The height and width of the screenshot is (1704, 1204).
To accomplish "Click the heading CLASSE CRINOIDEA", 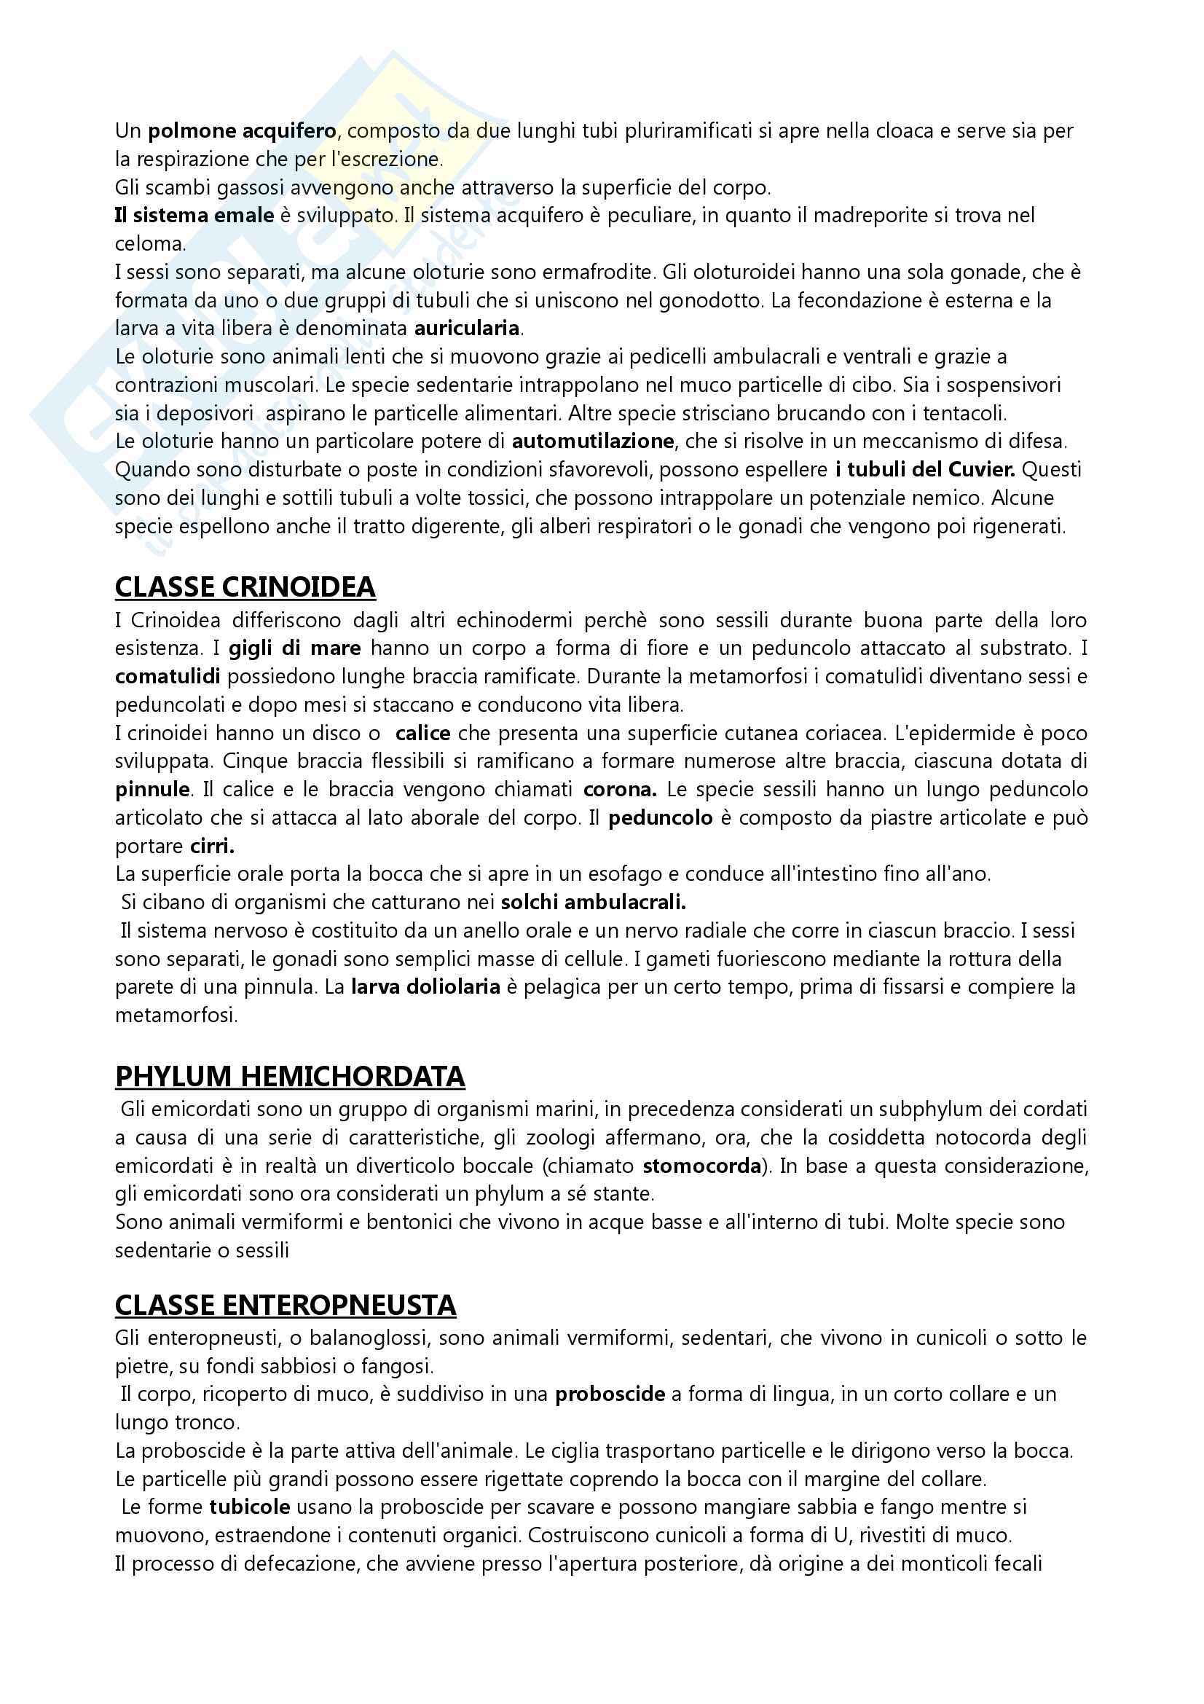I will (x=245, y=587).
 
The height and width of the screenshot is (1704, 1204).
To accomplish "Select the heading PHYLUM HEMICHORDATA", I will (x=290, y=1076).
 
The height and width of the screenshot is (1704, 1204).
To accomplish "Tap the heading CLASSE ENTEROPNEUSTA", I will (x=286, y=1306).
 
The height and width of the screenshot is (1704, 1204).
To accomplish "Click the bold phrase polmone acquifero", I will (x=243, y=131).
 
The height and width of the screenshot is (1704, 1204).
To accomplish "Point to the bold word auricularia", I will (x=468, y=328).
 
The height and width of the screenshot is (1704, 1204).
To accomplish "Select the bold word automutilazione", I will (x=593, y=441).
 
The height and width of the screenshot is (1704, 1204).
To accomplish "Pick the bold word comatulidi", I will (x=168, y=676).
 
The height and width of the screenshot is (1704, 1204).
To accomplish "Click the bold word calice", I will (x=423, y=734).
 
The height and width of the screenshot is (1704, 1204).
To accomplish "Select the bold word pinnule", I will (x=153, y=790).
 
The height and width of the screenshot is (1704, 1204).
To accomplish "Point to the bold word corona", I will (x=619, y=790).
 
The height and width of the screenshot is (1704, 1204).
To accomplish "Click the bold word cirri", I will (x=212, y=846).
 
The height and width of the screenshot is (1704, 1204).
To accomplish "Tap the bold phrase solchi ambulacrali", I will (x=594, y=903).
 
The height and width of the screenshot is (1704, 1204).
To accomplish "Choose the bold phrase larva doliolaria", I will (x=426, y=987).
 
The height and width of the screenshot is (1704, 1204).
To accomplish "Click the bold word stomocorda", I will (x=701, y=1166).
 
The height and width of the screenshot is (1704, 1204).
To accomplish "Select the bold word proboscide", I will (x=610, y=1394).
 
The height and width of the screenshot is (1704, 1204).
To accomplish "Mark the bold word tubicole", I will (x=249, y=1507).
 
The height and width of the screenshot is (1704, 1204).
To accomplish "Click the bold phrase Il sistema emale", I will (x=194, y=216).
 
